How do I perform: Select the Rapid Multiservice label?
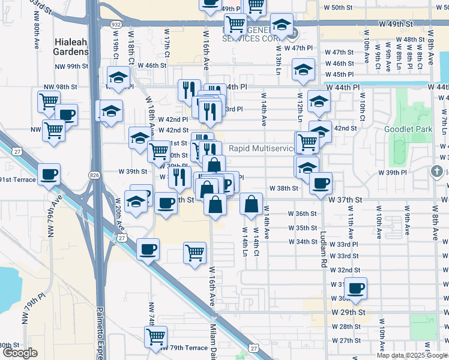click(x=262, y=148)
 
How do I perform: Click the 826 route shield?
click(x=94, y=175)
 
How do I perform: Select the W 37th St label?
click(x=347, y=199)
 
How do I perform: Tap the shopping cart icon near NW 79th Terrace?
click(x=156, y=337)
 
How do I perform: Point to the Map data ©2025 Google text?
click(x=412, y=355)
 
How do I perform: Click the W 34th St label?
click(x=303, y=242)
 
